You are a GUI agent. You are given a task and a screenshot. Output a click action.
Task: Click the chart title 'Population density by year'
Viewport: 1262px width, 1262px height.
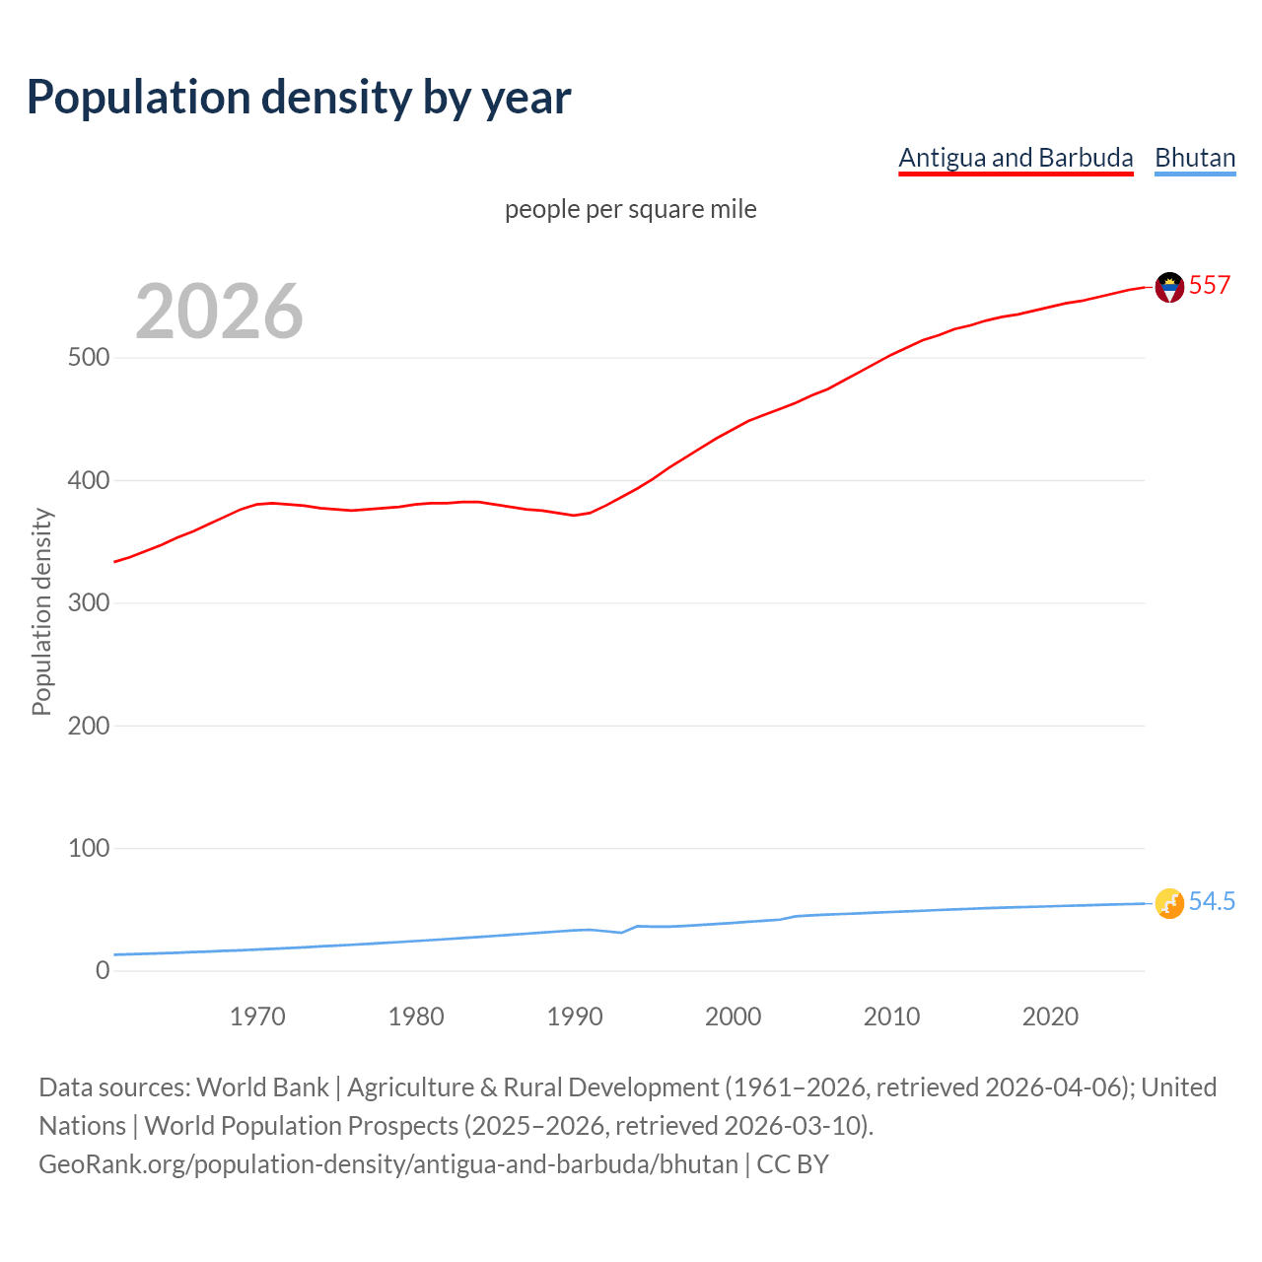pyautogui.click(x=299, y=98)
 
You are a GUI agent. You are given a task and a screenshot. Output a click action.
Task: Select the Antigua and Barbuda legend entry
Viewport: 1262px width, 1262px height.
pyautogui.click(x=1016, y=158)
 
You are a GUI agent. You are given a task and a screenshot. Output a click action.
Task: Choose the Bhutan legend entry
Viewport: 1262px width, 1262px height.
pyautogui.click(x=1195, y=158)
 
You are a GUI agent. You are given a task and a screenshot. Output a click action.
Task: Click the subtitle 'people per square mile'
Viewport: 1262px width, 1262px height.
pyautogui.click(x=630, y=209)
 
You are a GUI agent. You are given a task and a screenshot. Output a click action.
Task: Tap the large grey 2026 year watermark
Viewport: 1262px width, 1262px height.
pyautogui.click(x=219, y=312)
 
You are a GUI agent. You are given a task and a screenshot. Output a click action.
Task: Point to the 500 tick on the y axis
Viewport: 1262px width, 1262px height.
pyautogui.click(x=89, y=357)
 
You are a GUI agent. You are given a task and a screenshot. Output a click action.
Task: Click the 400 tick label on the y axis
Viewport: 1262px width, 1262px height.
pyautogui.click(x=89, y=480)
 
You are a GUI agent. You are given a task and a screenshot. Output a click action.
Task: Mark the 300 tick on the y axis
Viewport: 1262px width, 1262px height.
pyautogui.click(x=89, y=602)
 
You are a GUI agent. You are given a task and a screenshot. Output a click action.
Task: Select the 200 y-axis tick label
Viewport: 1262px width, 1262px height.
pyautogui.click(x=89, y=726)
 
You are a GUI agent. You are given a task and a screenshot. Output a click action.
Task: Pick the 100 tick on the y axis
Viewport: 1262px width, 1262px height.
pyautogui.click(x=89, y=848)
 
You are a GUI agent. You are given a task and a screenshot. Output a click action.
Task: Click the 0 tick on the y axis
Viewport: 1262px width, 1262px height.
pyautogui.click(x=103, y=970)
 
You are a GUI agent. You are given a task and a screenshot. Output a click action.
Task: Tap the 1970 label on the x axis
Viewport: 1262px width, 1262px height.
pyautogui.click(x=257, y=1017)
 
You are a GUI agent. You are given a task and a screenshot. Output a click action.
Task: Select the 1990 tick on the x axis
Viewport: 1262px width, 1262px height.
pyautogui.click(x=575, y=1017)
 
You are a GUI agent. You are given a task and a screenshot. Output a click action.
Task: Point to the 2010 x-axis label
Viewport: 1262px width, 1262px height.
pyautogui.click(x=891, y=1017)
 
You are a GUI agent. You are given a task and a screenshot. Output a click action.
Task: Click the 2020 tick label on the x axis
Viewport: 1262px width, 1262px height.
pyautogui.click(x=1050, y=1017)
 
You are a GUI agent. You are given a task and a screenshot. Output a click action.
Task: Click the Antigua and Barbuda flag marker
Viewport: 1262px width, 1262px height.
pyautogui.click(x=1169, y=287)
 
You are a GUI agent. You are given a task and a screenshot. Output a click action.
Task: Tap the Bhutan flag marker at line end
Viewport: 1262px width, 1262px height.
pyautogui.click(x=1169, y=903)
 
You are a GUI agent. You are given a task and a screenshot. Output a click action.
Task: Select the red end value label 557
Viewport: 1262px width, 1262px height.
pyautogui.click(x=1210, y=285)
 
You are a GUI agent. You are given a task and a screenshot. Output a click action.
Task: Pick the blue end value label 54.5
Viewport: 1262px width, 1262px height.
pyautogui.click(x=1212, y=901)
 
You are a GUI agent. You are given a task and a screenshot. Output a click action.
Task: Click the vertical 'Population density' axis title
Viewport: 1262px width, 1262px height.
pyautogui.click(x=41, y=611)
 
